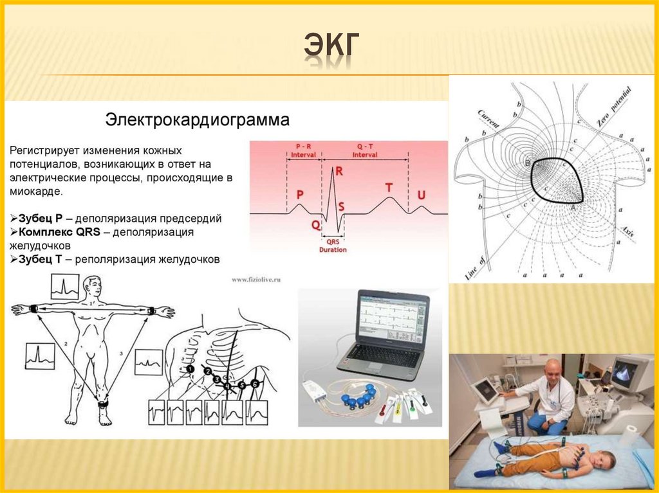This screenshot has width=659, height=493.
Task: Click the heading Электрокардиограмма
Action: point(198,120)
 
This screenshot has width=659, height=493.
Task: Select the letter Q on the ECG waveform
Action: point(315,225)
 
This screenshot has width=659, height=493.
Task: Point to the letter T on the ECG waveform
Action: point(389,187)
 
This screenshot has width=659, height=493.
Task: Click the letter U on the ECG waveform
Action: point(422,194)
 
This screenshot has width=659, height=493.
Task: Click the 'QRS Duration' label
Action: point(333,246)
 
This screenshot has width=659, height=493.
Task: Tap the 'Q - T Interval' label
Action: point(365,150)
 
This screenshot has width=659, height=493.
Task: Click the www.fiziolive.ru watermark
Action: point(256,280)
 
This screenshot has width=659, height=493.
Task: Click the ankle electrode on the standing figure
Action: point(103,404)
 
